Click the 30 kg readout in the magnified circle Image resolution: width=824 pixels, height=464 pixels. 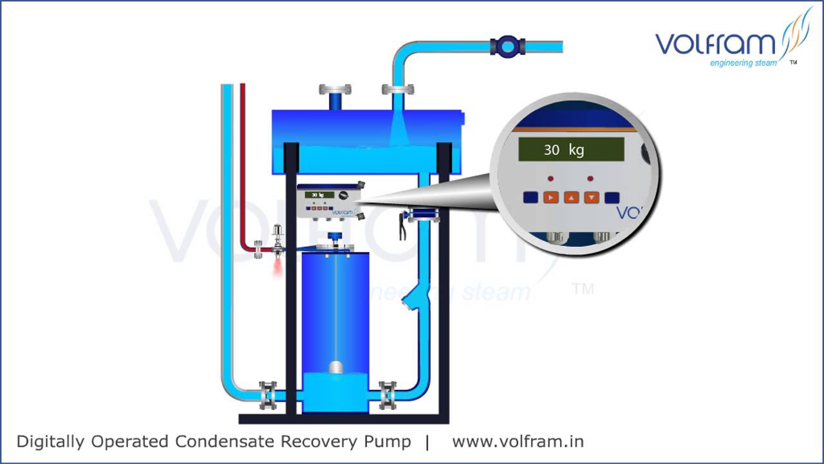571,150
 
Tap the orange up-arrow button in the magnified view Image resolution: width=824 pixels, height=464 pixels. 571,197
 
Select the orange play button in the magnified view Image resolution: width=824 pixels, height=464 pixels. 550,197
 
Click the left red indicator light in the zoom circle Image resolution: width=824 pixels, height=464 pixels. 550,178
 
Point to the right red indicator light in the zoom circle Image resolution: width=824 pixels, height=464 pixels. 590,178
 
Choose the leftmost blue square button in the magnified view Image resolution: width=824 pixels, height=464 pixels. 530,197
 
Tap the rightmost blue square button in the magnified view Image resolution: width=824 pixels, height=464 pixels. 612,197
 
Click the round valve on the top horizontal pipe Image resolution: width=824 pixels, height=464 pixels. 507,46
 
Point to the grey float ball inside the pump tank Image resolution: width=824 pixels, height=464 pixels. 336,367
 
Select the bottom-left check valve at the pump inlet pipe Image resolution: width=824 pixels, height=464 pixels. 268,394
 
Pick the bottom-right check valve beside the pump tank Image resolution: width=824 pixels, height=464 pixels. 387,394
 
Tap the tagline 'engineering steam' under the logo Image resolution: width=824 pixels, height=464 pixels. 743,63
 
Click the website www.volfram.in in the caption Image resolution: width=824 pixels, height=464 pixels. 518,441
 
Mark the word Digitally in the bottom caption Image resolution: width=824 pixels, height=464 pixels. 51,441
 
